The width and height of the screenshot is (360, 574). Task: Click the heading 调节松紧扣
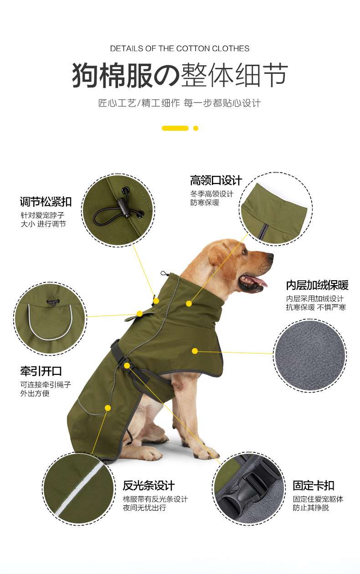click(46, 202)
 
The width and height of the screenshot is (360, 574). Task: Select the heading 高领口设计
click(216, 180)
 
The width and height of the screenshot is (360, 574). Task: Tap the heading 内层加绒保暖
click(317, 285)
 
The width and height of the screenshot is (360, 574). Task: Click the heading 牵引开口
click(41, 371)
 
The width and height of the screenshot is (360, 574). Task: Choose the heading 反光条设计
click(149, 485)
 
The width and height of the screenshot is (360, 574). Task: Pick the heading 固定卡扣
click(314, 485)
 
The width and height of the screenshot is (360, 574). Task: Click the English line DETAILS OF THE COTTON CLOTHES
click(180, 48)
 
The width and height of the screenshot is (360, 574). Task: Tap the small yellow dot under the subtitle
click(195, 128)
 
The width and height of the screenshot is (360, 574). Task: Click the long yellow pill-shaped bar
click(175, 128)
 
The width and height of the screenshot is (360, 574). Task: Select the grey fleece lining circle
click(310, 355)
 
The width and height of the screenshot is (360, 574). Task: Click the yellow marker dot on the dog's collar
click(189, 304)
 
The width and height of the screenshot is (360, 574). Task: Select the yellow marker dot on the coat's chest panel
click(195, 351)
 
